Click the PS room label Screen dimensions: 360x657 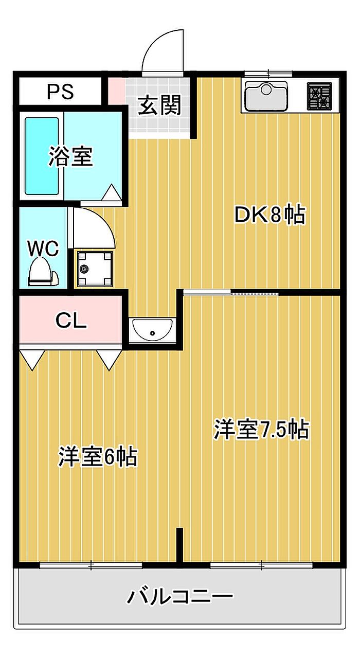(61, 92)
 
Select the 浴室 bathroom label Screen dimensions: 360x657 (70, 157)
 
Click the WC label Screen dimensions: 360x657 (43, 248)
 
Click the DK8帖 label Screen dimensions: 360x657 (269, 215)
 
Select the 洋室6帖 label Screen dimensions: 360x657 (98, 456)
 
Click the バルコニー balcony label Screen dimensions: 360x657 (180, 597)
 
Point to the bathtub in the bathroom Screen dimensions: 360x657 (42, 155)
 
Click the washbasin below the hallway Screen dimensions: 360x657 (152, 330)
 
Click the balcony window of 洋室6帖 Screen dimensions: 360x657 (91, 565)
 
